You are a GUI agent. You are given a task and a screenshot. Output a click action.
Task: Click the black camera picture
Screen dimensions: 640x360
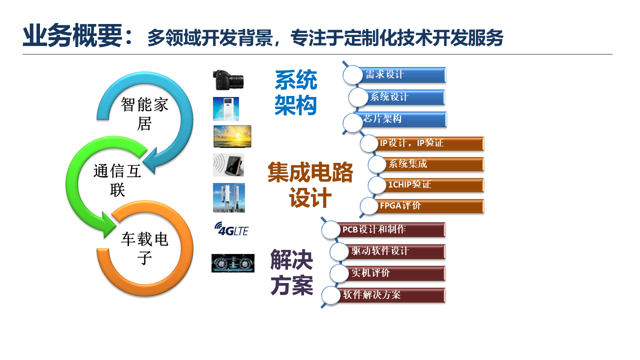[x=228, y=79]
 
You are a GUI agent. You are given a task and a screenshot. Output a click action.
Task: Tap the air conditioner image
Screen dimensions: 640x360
[x=225, y=109]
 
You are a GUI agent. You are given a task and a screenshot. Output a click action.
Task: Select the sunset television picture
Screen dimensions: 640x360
[x=232, y=136]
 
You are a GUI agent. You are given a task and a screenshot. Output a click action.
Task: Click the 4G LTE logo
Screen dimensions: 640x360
[x=231, y=229]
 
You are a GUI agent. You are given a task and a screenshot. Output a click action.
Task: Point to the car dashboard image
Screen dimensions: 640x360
[x=233, y=263]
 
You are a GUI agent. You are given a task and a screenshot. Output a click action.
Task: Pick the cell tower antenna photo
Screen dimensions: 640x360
[x=229, y=197]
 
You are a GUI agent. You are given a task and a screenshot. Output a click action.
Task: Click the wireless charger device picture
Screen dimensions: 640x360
[x=228, y=165]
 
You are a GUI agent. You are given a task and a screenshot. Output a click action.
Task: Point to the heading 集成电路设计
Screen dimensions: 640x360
[x=310, y=184]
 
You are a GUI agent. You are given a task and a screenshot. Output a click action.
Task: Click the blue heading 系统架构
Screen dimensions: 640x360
[x=295, y=92]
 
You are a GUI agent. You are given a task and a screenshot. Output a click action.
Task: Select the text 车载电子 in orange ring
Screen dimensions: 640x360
[x=144, y=248]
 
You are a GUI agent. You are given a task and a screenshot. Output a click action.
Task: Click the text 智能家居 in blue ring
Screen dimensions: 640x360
[x=144, y=113]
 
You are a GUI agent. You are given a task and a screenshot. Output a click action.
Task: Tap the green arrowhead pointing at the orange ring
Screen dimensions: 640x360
[x=108, y=225]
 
